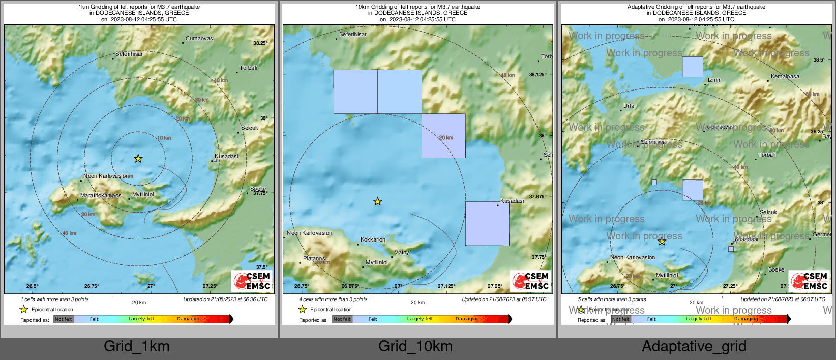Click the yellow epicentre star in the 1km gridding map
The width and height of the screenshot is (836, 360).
[x=138, y=159]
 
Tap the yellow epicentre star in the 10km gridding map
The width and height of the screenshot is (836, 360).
[x=377, y=202]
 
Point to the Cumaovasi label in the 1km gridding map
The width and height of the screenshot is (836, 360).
[x=200, y=39]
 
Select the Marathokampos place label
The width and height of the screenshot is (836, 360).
[x=101, y=196]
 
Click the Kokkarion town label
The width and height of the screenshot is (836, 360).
[x=373, y=240]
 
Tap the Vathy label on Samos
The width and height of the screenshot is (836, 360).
[x=402, y=252]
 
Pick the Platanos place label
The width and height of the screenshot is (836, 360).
[x=314, y=259]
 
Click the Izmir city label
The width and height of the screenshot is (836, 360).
[x=714, y=80]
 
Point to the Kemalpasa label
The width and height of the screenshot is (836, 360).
[x=785, y=77]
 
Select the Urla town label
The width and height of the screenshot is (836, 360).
[x=629, y=106]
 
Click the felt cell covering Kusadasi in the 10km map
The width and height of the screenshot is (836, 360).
[x=487, y=224]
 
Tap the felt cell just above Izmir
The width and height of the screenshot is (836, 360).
[x=692, y=67]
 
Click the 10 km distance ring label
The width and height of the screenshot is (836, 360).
[x=164, y=138]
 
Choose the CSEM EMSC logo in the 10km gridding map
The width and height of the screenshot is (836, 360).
[x=530, y=281]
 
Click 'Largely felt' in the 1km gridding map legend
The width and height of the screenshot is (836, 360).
[x=141, y=319]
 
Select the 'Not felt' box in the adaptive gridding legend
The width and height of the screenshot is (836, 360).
[x=621, y=319]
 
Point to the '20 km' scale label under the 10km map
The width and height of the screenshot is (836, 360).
[x=417, y=303]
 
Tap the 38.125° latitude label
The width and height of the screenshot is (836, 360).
[x=538, y=75]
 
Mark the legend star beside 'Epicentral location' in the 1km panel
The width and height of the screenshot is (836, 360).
[x=23, y=309]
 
